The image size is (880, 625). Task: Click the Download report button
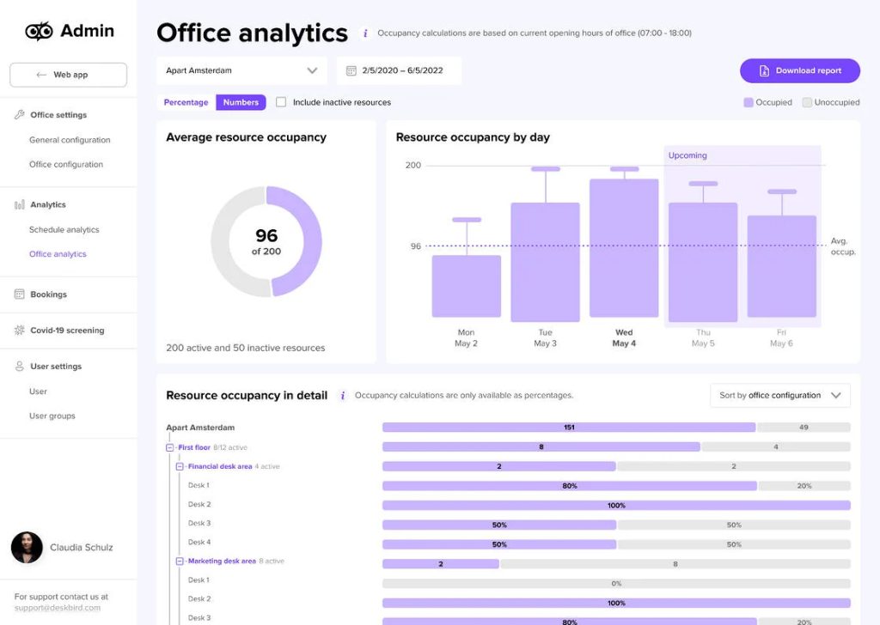799,70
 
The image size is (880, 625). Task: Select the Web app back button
68,75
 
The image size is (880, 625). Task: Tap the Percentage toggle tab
186,102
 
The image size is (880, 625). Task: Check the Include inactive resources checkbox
281,102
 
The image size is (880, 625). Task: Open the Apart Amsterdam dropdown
241,70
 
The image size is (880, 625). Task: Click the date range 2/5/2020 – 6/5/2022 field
399,70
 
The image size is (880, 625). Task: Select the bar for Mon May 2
466,287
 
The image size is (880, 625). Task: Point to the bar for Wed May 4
624,249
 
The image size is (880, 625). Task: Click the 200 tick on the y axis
413,165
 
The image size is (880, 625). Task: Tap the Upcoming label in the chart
687,155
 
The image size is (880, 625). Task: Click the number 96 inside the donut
266,236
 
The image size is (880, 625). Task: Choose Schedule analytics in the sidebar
64,229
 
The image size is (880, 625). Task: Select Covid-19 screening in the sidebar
67,330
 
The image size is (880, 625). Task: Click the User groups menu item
52,416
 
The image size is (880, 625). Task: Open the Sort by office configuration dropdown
779,395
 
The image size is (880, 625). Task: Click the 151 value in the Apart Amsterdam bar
569,427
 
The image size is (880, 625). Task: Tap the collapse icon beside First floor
170,447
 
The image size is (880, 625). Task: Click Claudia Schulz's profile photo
27,547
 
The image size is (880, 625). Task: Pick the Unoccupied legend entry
830,102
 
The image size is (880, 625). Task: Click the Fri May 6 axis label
781,337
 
